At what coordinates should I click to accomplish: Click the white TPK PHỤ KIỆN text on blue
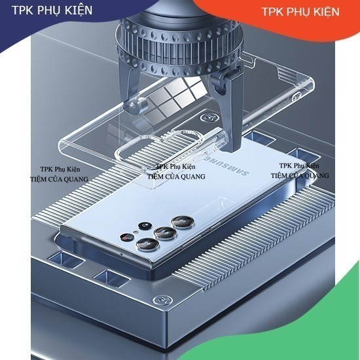(x=52, y=10)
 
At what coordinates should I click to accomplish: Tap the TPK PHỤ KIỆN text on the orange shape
(x=300, y=12)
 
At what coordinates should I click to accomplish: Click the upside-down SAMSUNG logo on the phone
(x=226, y=165)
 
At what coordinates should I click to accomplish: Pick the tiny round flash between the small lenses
(x=135, y=232)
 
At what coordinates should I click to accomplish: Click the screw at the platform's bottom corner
(x=162, y=300)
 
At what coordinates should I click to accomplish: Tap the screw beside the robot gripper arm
(x=209, y=118)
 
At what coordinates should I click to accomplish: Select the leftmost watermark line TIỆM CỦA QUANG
(x=60, y=179)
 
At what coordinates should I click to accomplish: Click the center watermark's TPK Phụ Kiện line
(x=176, y=166)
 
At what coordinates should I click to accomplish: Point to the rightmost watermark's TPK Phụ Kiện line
(x=299, y=166)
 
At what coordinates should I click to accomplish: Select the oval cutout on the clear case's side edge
(x=297, y=96)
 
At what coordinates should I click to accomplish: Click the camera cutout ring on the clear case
(x=128, y=151)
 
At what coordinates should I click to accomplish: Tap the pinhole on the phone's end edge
(x=122, y=254)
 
